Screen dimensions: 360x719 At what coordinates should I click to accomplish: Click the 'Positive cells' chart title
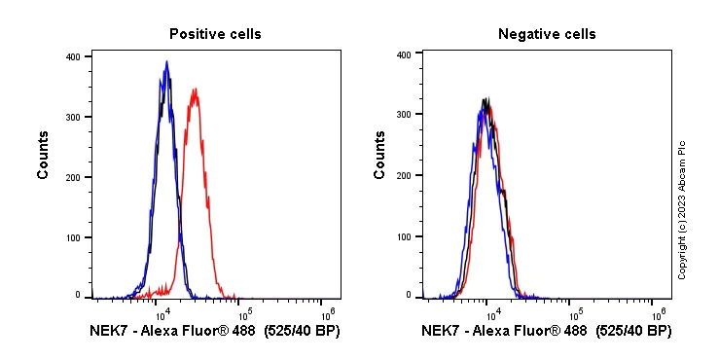[x=215, y=34]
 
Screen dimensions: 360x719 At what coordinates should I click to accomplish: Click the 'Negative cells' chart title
[x=547, y=34]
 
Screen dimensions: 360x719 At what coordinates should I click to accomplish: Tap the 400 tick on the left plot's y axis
[x=72, y=56]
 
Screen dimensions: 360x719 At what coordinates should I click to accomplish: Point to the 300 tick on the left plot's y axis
[x=72, y=117]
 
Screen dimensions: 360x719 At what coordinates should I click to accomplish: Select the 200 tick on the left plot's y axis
[x=72, y=176]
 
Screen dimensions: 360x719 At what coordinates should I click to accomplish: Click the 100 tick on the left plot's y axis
[x=72, y=236]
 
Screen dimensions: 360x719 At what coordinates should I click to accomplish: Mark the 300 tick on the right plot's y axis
[x=403, y=115]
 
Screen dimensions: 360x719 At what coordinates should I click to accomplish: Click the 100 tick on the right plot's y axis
[x=403, y=236]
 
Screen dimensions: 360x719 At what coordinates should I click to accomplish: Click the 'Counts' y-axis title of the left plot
[x=44, y=157]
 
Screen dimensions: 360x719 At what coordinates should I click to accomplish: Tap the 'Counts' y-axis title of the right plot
[x=380, y=157]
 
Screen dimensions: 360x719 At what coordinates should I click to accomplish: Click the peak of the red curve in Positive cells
[x=196, y=90]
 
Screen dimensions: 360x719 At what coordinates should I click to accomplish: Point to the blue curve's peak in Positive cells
[x=167, y=62]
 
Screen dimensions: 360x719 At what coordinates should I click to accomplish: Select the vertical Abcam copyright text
[x=682, y=209]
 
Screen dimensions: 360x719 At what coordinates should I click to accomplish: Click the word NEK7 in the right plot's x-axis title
[x=440, y=331]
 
